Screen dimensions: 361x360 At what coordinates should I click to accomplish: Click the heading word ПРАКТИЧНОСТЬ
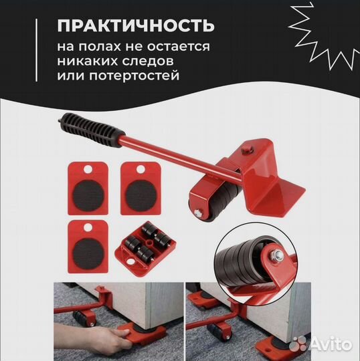pos(135,26)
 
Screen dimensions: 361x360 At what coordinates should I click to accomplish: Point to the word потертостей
pos(147,76)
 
